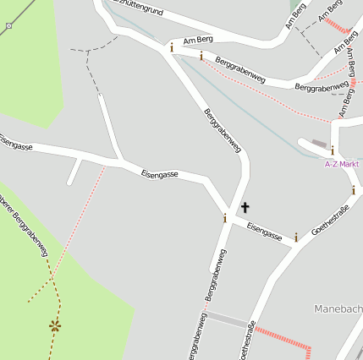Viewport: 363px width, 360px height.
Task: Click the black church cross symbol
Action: pos(245,206)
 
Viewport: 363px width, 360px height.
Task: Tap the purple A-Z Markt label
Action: pos(342,163)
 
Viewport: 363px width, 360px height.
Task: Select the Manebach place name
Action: pos(338,308)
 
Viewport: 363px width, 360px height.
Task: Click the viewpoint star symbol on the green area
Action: pos(55,325)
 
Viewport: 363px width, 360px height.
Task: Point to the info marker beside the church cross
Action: pos(225,218)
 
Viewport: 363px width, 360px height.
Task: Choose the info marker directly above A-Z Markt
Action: pos(333,150)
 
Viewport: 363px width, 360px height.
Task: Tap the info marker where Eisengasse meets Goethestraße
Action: pos(296,237)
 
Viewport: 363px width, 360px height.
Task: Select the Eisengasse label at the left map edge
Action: pos(15,145)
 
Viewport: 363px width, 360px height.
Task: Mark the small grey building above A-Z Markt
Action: pos(318,143)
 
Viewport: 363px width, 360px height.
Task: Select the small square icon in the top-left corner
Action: pos(8,26)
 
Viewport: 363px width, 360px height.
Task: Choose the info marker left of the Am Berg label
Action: pos(172,47)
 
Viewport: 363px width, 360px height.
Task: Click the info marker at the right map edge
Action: pos(354,190)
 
